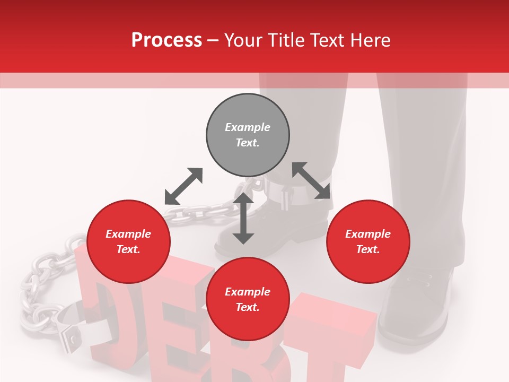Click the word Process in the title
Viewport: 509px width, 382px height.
tap(166, 40)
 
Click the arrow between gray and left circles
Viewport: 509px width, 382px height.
tap(183, 186)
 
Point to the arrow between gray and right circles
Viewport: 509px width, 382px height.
tap(311, 180)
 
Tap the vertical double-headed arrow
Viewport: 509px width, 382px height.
tap(243, 218)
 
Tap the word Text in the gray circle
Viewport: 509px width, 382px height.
tap(248, 143)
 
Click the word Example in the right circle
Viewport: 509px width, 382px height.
tap(368, 234)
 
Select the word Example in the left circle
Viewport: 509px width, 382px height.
tap(128, 234)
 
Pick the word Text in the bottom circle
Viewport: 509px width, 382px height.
tap(248, 307)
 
